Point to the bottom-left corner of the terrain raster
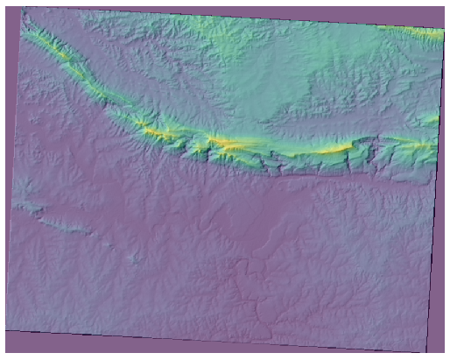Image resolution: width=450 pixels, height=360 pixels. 5,330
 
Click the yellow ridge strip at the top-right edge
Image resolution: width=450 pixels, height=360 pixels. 420,32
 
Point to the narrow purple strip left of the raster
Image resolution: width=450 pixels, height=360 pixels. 4,175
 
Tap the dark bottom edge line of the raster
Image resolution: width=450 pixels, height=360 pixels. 219,341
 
